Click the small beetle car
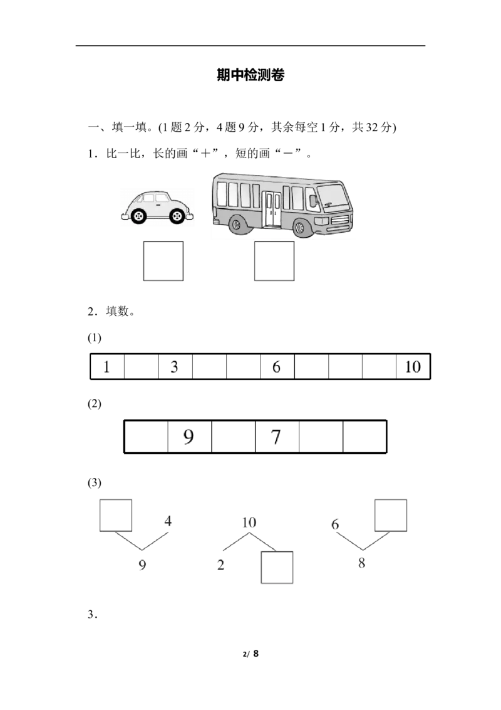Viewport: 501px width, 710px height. coord(157,207)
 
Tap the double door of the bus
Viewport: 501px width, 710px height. coord(272,209)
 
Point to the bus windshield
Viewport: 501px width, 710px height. coord(334,198)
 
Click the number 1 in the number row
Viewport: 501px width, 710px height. coord(108,368)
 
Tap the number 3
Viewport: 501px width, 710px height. coord(175,368)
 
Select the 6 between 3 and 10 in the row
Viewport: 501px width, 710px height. coord(276,368)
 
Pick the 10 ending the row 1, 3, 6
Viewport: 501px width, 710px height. coord(413,368)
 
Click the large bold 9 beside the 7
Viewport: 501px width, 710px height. coord(188,437)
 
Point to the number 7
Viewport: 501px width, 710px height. coord(276,437)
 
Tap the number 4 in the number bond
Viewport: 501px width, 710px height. coord(168,521)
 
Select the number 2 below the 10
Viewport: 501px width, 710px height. coord(220,564)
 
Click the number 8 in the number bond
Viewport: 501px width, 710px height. coord(361,563)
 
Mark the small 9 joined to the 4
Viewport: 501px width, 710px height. coord(142,565)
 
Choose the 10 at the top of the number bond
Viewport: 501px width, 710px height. coord(249,522)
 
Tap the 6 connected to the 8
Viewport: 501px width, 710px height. coord(336,524)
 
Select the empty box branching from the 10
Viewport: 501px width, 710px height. coord(276,567)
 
